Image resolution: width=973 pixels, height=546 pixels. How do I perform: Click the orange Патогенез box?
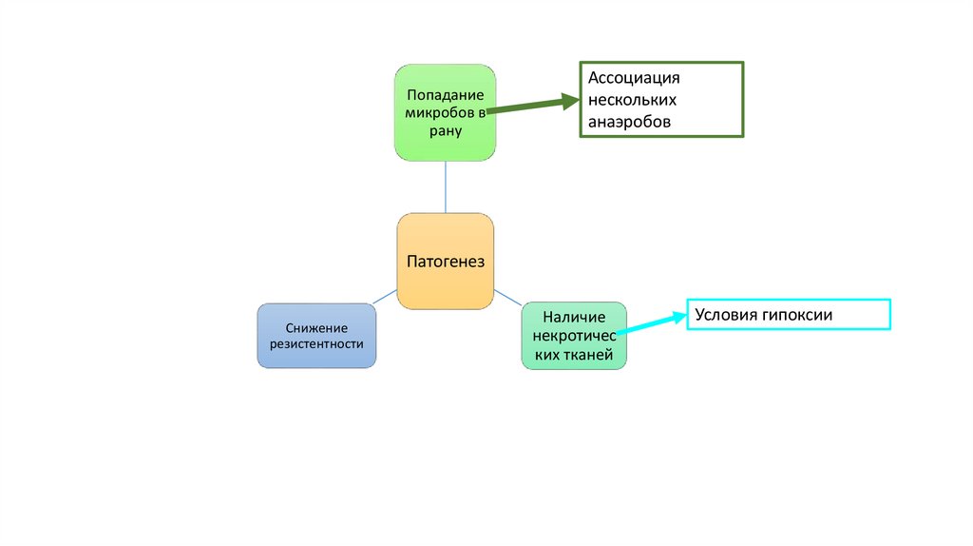point(445,262)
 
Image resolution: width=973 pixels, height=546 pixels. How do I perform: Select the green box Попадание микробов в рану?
point(445,112)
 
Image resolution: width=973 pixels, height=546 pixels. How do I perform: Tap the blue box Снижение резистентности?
point(316,336)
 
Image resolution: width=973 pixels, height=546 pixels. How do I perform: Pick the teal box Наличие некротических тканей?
point(574,335)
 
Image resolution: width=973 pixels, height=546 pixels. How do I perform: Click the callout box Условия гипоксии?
point(789,315)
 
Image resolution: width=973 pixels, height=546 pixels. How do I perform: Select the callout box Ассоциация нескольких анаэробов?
point(662,100)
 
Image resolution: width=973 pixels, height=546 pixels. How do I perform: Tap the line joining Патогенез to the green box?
point(445,187)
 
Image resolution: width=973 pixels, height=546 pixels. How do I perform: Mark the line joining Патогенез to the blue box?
point(385,297)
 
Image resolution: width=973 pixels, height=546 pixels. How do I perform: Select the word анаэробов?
point(629,122)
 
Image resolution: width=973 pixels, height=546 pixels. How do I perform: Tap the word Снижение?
point(316,327)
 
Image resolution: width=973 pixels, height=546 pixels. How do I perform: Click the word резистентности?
point(316,344)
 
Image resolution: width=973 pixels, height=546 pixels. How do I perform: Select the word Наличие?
point(573,317)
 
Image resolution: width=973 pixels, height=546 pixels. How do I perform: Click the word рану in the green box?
point(445,131)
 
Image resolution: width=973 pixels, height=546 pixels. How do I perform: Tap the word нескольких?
point(632,100)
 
